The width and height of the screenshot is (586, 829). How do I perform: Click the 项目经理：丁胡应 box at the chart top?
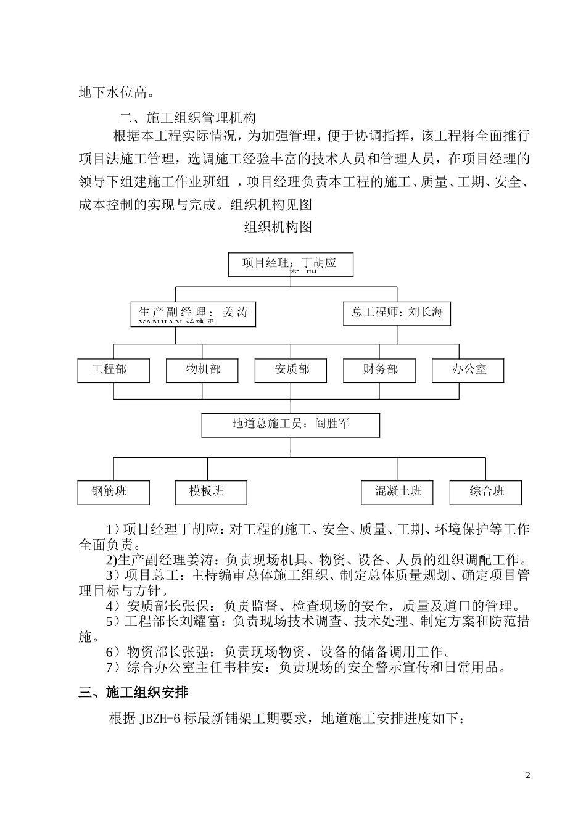pyautogui.click(x=291, y=264)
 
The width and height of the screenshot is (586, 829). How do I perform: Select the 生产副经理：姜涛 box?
pyautogui.click(x=193, y=313)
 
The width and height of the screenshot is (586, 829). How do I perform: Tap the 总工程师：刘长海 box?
pyautogui.click(x=397, y=313)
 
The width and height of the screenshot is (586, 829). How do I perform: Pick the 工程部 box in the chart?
pyautogui.click(x=113, y=370)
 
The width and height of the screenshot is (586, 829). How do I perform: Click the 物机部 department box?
pyautogui.click(x=202, y=370)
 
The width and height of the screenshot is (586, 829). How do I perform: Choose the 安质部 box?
pyautogui.click(x=291, y=370)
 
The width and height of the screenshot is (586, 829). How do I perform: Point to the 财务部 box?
pyautogui.click(x=379, y=370)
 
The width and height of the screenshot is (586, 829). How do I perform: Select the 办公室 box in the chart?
pyautogui.click(x=468, y=370)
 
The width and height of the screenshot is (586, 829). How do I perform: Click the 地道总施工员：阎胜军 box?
pyautogui.click(x=291, y=425)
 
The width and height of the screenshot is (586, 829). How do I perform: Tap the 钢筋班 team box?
pyautogui.click(x=113, y=492)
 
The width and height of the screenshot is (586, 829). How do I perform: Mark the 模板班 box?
pyautogui.click(x=210, y=492)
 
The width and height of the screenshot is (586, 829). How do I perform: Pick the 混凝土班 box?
pyautogui.click(x=397, y=492)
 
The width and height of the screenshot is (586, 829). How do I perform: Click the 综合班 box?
pyautogui.click(x=486, y=492)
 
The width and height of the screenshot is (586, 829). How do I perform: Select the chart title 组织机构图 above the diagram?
pyautogui.click(x=278, y=227)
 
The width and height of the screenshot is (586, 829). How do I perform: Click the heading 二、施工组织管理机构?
pyautogui.click(x=188, y=117)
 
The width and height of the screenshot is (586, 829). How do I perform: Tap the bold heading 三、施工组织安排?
pyautogui.click(x=133, y=693)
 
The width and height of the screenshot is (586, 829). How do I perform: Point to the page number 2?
pyautogui.click(x=527, y=775)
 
